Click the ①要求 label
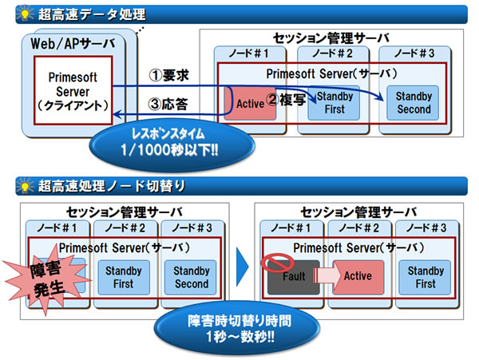click(170, 77)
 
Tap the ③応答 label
click(170, 103)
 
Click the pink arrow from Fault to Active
click(327, 277)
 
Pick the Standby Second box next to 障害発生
click(191, 277)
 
